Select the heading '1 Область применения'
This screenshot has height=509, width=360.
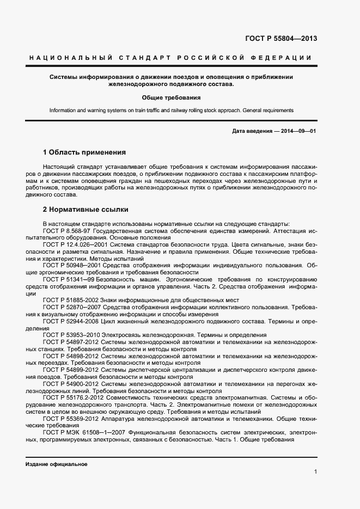84,152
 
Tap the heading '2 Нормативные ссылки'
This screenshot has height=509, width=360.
86,208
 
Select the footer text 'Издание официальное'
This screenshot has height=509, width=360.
56,464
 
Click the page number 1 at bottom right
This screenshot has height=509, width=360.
315,471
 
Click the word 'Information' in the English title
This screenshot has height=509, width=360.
64,111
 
